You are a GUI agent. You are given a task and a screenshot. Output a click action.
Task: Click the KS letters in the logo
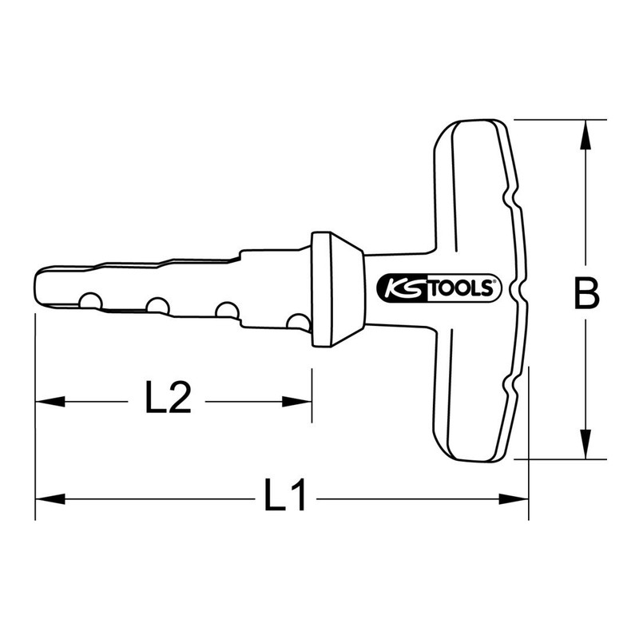[397, 288]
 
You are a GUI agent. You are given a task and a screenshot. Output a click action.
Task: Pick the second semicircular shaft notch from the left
[157, 306]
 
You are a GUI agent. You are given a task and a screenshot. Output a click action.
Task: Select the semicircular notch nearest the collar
[298, 321]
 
